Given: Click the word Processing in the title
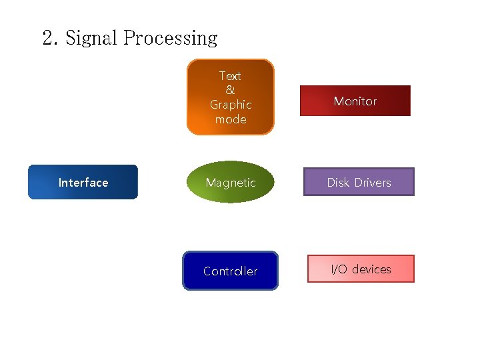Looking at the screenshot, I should (170, 39).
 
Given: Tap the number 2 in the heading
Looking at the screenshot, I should (49, 39).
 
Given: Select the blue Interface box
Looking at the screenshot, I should (83, 182).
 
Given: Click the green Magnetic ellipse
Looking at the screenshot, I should (230, 182).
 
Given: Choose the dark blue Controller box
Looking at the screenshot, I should (230, 271).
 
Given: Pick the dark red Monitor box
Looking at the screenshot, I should (355, 101).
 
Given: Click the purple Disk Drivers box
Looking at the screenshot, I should (359, 182).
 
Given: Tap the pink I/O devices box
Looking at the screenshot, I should (361, 269).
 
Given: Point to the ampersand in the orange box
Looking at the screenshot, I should (230, 90).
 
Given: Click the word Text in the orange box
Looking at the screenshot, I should (230, 76).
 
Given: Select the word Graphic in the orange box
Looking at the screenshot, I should (231, 105).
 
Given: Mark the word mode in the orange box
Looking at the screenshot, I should (231, 119).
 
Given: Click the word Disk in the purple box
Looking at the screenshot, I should (338, 182).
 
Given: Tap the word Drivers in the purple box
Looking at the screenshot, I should (372, 182).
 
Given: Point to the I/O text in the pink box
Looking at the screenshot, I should (339, 269).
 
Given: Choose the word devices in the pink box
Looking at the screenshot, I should (371, 269).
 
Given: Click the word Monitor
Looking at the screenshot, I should (355, 101).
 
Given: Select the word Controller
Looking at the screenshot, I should (230, 271).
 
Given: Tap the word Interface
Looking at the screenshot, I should (83, 183).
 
